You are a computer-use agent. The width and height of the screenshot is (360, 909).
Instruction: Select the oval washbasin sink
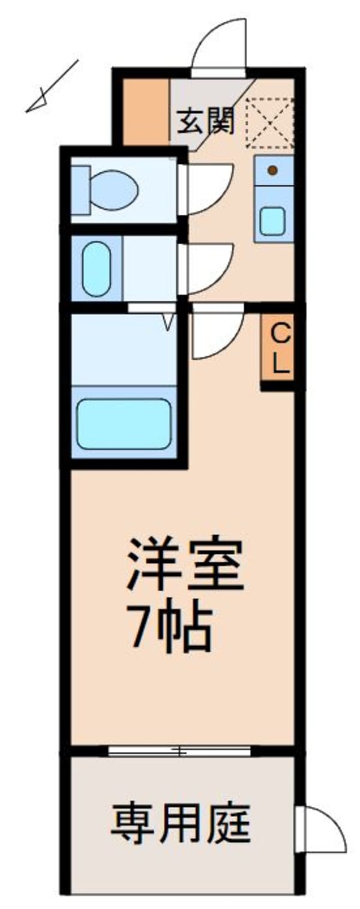96,268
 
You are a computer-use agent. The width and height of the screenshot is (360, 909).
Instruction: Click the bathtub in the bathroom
124,423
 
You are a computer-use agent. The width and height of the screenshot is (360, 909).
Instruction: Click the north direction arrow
52,86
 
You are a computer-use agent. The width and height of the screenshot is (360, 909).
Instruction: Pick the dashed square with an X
269,122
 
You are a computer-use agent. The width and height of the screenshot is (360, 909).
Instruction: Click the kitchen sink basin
273,221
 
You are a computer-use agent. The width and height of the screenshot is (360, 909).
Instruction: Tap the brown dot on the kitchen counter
272,170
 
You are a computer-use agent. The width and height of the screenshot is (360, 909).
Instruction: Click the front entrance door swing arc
220,45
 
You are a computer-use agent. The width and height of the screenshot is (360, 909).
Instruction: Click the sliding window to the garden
179,751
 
